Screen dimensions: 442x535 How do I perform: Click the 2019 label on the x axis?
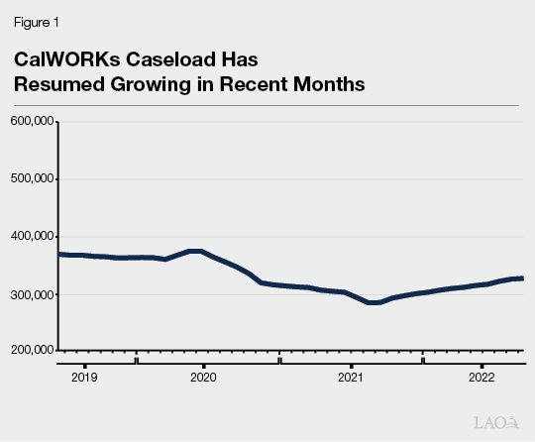pyautogui.click(x=84, y=378)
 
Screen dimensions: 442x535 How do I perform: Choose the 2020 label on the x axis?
pyautogui.click(x=202, y=378)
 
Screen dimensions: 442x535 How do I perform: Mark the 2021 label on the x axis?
pyautogui.click(x=350, y=378)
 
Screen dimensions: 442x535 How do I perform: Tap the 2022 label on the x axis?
pyautogui.click(x=481, y=378)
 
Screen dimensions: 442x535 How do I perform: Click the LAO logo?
pyautogui.click(x=497, y=421)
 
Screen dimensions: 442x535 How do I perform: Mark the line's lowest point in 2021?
pyautogui.click(x=374, y=302)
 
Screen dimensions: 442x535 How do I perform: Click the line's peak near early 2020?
pyautogui.click(x=195, y=251)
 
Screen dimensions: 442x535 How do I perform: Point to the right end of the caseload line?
pyautogui.click(x=522, y=278)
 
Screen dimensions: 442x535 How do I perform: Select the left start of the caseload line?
pyautogui.click(x=60, y=255)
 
